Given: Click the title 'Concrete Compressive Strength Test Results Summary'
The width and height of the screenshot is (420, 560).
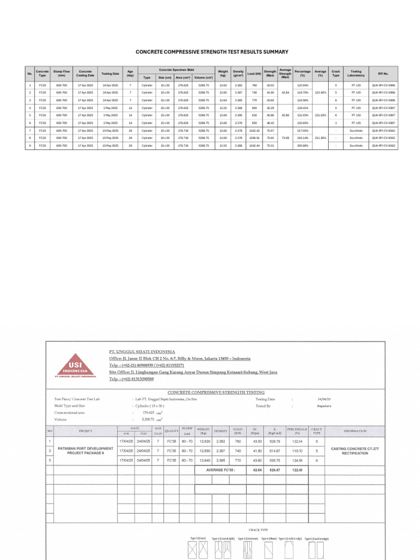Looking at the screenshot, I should pos(212,52).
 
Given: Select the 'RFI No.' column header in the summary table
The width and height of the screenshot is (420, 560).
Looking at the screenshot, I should pos(383,73).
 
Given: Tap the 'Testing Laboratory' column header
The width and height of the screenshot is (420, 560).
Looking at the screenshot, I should pos(356,73).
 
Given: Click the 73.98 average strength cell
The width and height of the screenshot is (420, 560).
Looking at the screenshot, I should pos(285,138).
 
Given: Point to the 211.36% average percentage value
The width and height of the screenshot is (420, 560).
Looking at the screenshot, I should pos(320,138).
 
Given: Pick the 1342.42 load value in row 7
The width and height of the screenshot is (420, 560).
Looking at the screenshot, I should pos(254,131).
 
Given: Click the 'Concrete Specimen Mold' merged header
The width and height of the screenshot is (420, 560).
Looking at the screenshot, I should pos(176,69).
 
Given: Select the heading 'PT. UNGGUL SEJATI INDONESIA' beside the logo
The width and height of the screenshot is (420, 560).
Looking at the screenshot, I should pos(142,351).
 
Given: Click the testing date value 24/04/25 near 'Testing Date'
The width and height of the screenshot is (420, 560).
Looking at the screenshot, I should pos(324,399).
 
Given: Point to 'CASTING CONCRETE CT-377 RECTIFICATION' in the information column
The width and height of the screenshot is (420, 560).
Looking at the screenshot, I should pos(355,451).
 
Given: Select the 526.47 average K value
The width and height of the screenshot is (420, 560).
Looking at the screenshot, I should pos(273,469).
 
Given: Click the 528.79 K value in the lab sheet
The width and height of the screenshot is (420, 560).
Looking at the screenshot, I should pos(273,441).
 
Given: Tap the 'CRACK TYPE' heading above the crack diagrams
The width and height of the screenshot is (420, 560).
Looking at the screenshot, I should pos(258,529).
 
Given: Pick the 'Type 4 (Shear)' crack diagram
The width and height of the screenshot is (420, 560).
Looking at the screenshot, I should pos(268,552).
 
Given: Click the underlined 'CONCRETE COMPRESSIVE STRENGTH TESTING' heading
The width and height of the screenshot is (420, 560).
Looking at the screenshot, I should pos(215,392).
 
